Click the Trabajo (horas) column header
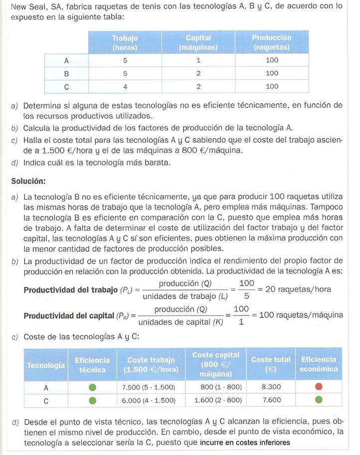click(125, 42)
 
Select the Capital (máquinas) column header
click(198, 42)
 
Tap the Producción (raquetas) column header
click(272, 42)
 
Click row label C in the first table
click(66, 86)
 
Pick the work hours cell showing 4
click(125, 86)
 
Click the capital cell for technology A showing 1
click(198, 60)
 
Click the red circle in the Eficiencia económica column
click(319, 386)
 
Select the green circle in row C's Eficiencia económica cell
click(319, 400)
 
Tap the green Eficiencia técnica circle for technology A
click(92, 386)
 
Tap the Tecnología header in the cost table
click(46, 365)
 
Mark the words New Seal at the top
click(28, 6)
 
